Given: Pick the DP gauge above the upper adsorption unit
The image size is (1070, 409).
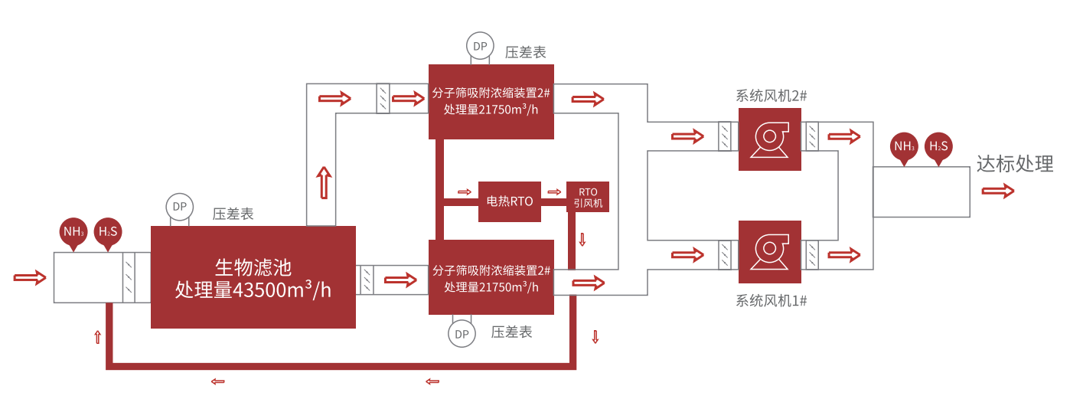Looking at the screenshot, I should pyautogui.click(x=480, y=46).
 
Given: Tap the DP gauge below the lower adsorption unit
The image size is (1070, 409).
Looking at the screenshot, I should pyautogui.click(x=462, y=334).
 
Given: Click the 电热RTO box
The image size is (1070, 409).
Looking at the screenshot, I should pyautogui.click(x=510, y=201).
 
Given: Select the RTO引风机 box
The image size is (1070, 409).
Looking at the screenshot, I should pyautogui.click(x=588, y=197).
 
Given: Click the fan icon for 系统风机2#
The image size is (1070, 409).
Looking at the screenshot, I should pyautogui.click(x=769, y=139).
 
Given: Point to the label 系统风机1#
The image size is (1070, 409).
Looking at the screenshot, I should pyautogui.click(x=772, y=301).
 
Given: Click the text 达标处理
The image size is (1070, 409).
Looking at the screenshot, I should pyautogui.click(x=1015, y=164).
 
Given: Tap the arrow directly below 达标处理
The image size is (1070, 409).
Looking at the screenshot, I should pyautogui.click(x=998, y=191).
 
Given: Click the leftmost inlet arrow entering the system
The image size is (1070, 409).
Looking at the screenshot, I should pyautogui.click(x=30, y=276).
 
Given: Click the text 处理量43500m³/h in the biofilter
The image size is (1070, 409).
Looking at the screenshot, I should pyautogui.click(x=253, y=290).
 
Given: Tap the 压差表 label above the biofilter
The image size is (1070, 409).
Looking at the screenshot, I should pyautogui.click(x=233, y=214).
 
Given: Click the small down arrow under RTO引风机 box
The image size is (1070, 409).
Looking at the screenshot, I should pyautogui.click(x=582, y=239).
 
